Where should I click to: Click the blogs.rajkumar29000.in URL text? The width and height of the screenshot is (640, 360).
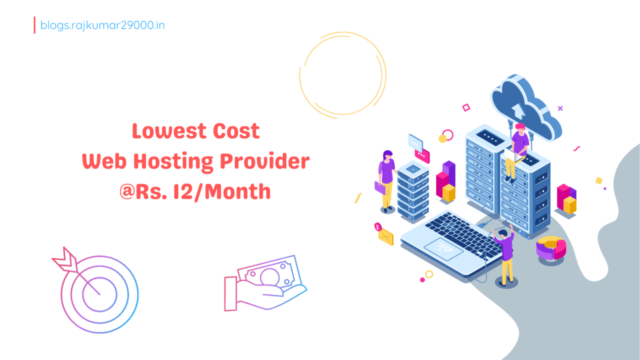click(x=102, y=25)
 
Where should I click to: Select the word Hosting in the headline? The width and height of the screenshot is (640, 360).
click(x=173, y=162)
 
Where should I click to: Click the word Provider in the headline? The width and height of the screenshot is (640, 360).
click(x=265, y=161)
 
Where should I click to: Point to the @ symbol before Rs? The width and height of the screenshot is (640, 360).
click(x=127, y=191)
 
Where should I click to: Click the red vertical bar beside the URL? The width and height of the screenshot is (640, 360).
click(x=34, y=25)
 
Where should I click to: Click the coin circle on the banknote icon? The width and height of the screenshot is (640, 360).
click(x=269, y=276)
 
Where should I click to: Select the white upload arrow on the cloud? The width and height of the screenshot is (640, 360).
click(x=518, y=111)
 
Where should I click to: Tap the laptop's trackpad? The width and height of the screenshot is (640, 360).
click(x=443, y=249)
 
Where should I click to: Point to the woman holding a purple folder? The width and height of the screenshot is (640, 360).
click(x=386, y=181)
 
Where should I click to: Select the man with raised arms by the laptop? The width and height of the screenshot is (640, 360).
click(x=504, y=255)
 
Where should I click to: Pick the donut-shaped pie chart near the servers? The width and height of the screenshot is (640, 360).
click(x=551, y=247)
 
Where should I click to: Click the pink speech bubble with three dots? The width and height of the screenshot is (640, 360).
click(x=422, y=155)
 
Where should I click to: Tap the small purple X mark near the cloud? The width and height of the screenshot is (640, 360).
click(x=560, y=108)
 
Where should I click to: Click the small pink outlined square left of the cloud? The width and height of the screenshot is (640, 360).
click(x=466, y=107)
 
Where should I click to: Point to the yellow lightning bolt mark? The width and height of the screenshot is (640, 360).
click(x=358, y=198)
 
